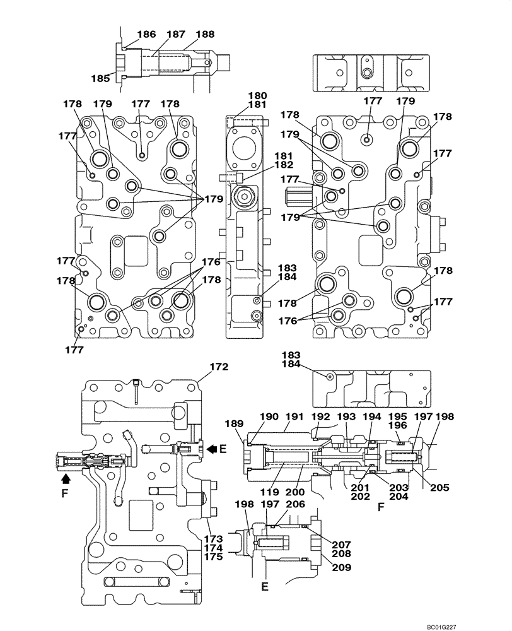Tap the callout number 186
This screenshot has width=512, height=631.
pyautogui.click(x=146, y=35)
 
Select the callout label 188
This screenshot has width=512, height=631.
pyautogui.click(x=205, y=35)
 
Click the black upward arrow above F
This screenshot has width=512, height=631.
pyautogui.click(x=65, y=479)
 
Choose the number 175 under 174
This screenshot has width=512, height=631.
pyautogui.click(x=213, y=557)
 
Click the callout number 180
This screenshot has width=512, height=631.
pyautogui.click(x=257, y=96)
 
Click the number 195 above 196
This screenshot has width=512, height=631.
pyautogui.click(x=396, y=416)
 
